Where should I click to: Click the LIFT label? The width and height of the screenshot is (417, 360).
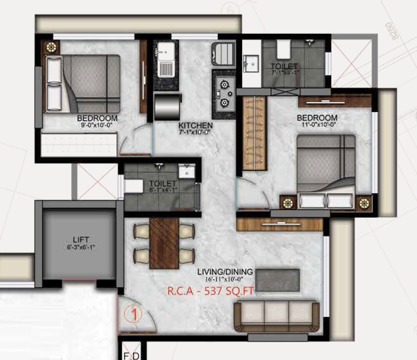(x=81, y=240)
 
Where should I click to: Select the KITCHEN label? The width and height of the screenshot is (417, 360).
(x=196, y=126)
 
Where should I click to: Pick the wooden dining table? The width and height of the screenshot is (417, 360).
(x=164, y=243)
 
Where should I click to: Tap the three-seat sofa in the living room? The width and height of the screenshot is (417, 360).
(x=276, y=316)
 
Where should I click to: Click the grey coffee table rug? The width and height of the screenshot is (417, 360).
(x=277, y=280)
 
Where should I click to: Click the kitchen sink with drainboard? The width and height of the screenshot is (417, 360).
(x=166, y=64)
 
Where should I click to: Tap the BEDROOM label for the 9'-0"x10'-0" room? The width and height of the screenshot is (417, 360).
(x=97, y=118)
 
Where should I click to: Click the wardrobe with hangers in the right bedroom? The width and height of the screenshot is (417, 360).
(x=254, y=133)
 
